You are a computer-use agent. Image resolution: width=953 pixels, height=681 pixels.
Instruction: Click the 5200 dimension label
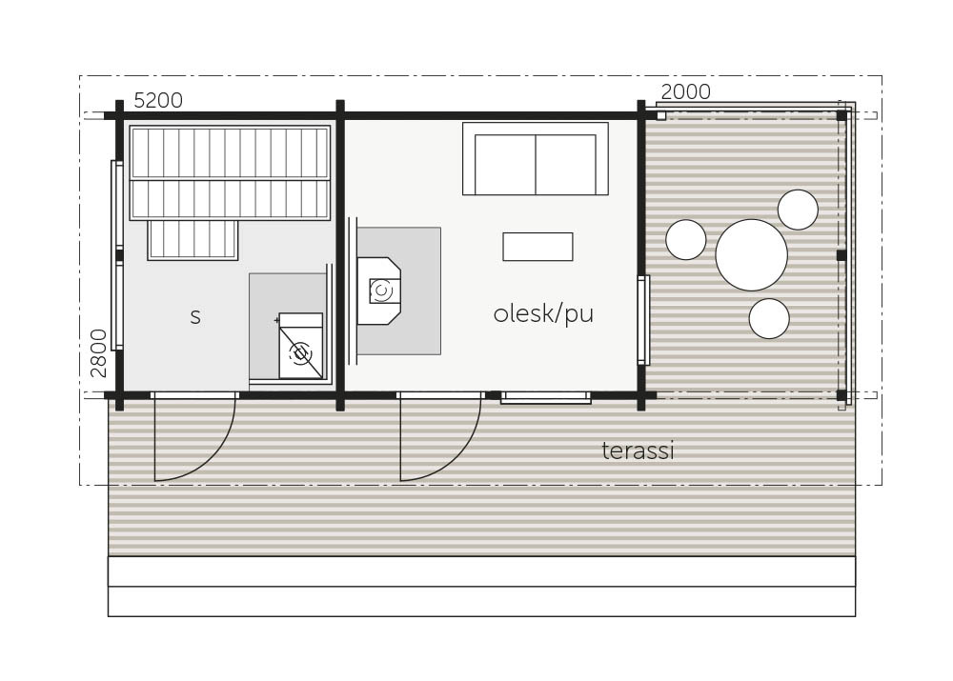point(158,100)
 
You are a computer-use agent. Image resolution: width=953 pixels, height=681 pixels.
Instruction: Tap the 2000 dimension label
point(685,91)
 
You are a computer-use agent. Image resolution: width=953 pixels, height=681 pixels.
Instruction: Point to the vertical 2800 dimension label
point(98,353)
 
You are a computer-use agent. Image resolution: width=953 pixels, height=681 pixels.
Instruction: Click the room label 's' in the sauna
point(195,317)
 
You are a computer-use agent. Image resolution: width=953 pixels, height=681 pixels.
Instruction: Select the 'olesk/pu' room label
point(543,314)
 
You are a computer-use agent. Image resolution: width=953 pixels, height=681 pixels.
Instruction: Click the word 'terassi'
point(639,451)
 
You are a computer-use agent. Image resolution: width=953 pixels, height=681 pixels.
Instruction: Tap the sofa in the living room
point(536,159)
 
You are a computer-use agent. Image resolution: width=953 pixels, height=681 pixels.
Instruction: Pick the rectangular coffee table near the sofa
point(537,247)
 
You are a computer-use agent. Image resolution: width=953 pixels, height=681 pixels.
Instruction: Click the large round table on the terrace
point(752,255)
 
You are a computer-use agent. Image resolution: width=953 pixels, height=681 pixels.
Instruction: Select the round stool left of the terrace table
point(686,240)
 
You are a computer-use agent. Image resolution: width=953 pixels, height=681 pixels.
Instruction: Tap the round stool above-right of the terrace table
point(798,210)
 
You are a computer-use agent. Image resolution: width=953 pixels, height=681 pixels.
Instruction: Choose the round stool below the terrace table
point(769,319)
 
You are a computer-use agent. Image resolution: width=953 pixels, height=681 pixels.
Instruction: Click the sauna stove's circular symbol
point(300,353)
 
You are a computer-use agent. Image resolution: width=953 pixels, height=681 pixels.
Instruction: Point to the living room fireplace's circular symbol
point(381,290)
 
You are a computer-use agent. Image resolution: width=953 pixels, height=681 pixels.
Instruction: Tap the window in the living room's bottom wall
point(546,398)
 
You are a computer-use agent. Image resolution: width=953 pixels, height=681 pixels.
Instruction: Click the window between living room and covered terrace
point(643,320)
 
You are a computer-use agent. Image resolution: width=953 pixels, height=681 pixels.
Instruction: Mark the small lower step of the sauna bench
point(193,241)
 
